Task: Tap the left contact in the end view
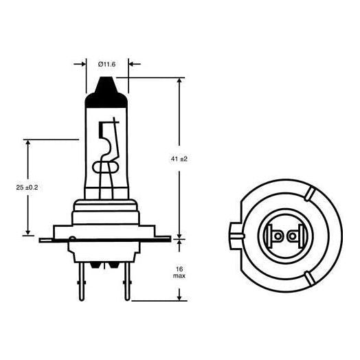pyautogui.click(x=278, y=236)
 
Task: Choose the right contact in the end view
pyautogui.click(x=293, y=236)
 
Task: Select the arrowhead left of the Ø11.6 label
pyautogui.click(x=83, y=64)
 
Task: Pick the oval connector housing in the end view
pyautogui.click(x=286, y=235)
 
